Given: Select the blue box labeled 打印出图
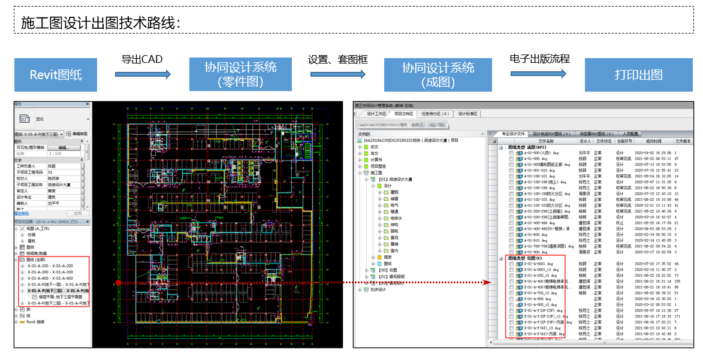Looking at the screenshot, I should click(638, 75).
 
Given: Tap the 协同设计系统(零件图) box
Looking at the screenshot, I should click(240, 74).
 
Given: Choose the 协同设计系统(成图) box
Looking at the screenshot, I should click(438, 75).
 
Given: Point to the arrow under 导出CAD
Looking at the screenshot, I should click(143, 74).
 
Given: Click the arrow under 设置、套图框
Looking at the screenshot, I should click(337, 74).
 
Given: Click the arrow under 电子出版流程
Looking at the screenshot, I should click(539, 74).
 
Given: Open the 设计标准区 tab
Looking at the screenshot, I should click(467, 113).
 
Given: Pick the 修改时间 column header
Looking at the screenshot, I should click(653, 141).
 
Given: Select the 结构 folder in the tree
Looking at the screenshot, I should click(394, 225).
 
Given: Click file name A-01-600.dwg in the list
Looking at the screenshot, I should click(536, 234).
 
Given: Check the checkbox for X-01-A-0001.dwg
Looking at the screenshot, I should click(511, 263).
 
